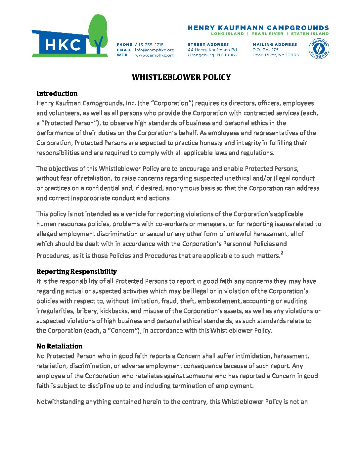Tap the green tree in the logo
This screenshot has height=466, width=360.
click(98, 30)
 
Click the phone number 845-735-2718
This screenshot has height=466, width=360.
click(149, 44)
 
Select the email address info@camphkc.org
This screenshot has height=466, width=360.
click(155, 50)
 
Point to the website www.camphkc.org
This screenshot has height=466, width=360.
click(155, 55)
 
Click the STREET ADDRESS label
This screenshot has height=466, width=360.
click(208, 44)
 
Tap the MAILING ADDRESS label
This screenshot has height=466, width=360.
click(275, 44)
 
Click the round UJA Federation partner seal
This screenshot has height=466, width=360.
click(319, 49)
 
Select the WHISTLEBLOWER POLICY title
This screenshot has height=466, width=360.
click(181, 77)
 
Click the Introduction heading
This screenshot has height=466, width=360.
click(57, 93)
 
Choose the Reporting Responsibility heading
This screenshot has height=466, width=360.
click(76, 271)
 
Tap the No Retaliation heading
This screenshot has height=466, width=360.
click(59, 346)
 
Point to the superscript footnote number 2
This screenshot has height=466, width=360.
click(282, 253)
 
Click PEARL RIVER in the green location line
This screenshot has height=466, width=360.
click(267, 33)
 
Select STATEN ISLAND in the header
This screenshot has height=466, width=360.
click(310, 33)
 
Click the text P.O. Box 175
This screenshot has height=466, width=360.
click(266, 50)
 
